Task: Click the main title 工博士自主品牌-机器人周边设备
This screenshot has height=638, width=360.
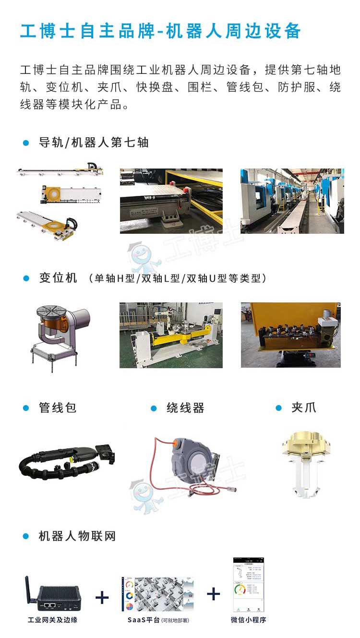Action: (160, 31)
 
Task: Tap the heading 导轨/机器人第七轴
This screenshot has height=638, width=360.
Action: (94, 143)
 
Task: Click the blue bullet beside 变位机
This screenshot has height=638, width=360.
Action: (26, 278)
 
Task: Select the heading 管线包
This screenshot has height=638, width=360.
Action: (58, 408)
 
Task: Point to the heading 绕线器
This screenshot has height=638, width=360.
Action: (185, 408)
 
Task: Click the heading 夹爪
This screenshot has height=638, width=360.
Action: (303, 408)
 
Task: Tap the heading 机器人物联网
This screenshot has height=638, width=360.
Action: (77, 536)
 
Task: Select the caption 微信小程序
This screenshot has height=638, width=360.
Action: (248, 620)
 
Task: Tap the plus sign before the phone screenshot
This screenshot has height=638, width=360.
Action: (214, 594)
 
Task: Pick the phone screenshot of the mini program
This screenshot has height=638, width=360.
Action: (249, 584)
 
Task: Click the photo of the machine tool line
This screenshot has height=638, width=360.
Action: (292, 201)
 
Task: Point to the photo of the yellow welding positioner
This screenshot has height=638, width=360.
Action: (171, 335)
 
